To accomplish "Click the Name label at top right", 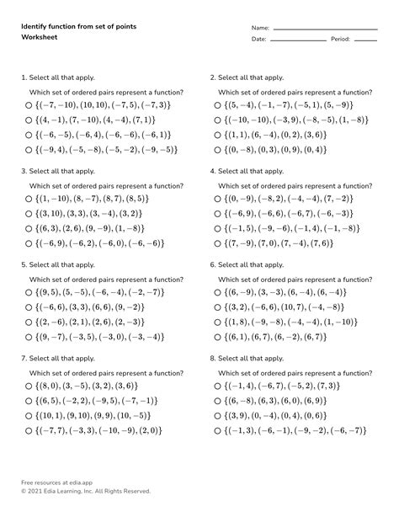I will coord(260,29).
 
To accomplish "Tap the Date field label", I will coord(258,40).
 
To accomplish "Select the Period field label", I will coord(340,40).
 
